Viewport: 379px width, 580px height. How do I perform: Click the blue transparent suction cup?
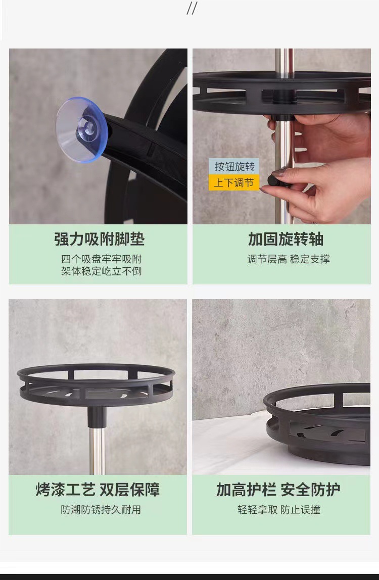coord(81,130)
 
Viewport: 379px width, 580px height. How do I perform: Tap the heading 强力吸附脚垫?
coord(100,239)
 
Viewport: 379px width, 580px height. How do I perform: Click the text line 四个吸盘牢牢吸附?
coord(102,259)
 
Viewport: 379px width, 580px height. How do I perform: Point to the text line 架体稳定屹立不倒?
coord(102,271)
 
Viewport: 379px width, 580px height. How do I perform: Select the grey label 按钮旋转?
coord(234,166)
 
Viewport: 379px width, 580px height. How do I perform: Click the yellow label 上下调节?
coord(234,182)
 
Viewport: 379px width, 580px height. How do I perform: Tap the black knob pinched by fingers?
coord(275,180)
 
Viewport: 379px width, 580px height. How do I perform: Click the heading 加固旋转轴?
coord(286,239)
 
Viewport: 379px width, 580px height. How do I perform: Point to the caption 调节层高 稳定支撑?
coord(289,259)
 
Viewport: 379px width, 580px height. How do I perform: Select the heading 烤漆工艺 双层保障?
coord(98,490)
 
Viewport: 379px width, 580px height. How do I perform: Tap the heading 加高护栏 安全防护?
coord(278,490)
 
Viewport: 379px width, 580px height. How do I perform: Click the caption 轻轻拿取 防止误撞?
coord(279,510)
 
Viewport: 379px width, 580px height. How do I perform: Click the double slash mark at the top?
coord(192,8)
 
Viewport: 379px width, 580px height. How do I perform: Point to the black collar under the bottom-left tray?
coord(97,416)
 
